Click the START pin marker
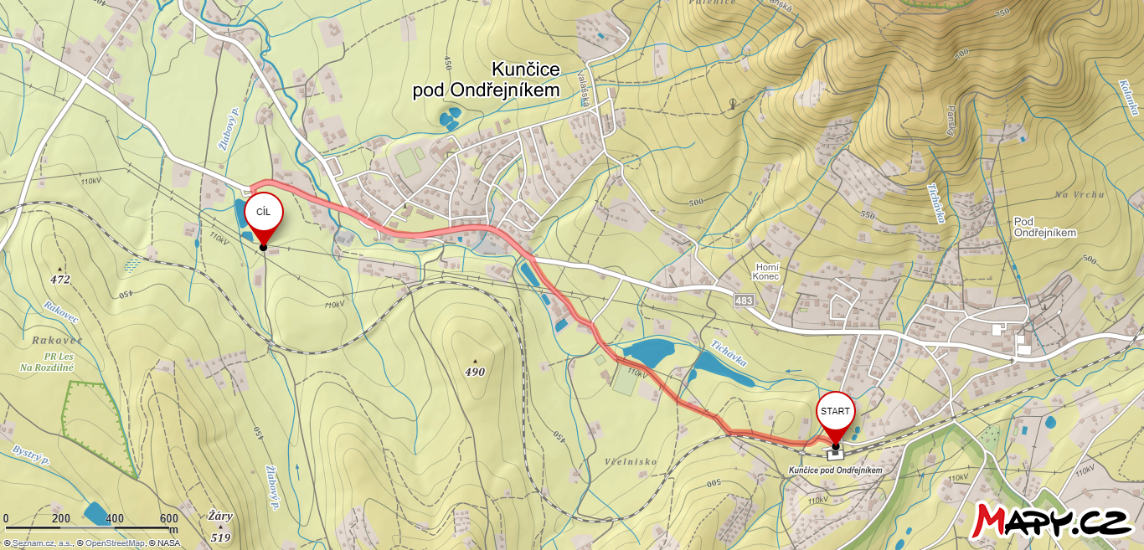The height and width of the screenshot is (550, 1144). click(x=835, y=412)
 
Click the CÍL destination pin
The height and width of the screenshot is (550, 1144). click(x=263, y=213)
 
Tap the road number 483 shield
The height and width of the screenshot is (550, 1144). click(x=743, y=300)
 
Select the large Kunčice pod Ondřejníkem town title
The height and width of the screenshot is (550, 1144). click(x=486, y=80)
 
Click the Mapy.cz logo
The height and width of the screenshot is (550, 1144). click(x=1052, y=521)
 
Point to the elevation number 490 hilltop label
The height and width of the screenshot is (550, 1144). click(x=475, y=372)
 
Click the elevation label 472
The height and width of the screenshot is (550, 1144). click(x=59, y=280)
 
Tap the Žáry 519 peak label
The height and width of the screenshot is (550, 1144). click(x=220, y=527)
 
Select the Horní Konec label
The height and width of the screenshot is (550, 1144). click(x=765, y=270)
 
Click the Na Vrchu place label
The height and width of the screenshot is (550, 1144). click(x=1080, y=194)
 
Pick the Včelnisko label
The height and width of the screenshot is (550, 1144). click(x=631, y=461)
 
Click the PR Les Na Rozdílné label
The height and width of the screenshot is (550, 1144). click(x=47, y=362)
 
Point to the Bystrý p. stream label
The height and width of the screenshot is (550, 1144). click(x=32, y=455)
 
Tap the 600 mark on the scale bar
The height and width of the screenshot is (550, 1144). click(x=168, y=518)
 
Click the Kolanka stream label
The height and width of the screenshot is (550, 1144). click(x=1128, y=97)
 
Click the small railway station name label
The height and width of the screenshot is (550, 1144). click(x=835, y=470)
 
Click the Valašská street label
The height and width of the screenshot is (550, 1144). click(x=584, y=88)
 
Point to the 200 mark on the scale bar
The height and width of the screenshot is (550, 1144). click(x=60, y=518)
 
